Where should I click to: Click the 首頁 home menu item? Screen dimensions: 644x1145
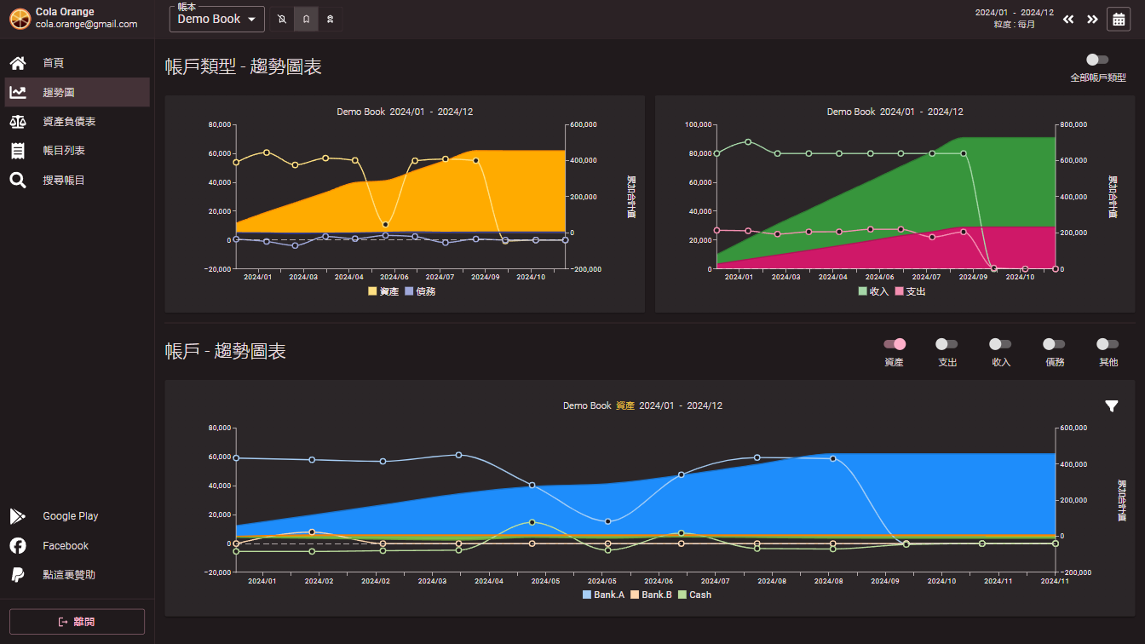pyautogui.click(x=53, y=63)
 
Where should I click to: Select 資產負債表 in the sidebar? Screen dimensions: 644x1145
pyautogui.click(x=68, y=122)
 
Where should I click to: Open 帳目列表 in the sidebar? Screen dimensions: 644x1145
pyautogui.click(x=63, y=151)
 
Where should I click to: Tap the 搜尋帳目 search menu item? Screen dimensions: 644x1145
pyautogui.click(x=63, y=181)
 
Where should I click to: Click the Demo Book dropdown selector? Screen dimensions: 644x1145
pyautogui.click(x=217, y=19)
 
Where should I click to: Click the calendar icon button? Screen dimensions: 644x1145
pyautogui.click(x=1119, y=19)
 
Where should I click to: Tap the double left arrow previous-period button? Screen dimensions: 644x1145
pyautogui.click(x=1068, y=19)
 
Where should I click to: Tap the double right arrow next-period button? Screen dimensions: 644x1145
pyautogui.click(x=1092, y=19)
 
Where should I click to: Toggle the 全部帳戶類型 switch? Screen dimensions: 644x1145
pyautogui.click(x=1097, y=60)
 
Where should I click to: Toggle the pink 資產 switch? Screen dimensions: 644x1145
pyautogui.click(x=895, y=344)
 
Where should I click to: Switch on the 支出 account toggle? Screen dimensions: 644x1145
pyautogui.click(x=946, y=344)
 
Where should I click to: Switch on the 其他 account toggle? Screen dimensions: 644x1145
pyautogui.click(x=1108, y=344)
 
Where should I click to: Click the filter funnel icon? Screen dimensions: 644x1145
pyautogui.click(x=1112, y=406)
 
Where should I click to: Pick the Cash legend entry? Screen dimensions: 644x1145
pyautogui.click(x=694, y=595)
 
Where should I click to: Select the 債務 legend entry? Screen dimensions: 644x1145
pyautogui.click(x=420, y=291)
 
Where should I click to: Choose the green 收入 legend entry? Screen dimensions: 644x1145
pyautogui.click(x=873, y=291)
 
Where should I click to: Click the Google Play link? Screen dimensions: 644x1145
pyautogui.click(x=70, y=516)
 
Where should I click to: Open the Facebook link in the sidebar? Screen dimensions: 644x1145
pyautogui.click(x=66, y=546)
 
